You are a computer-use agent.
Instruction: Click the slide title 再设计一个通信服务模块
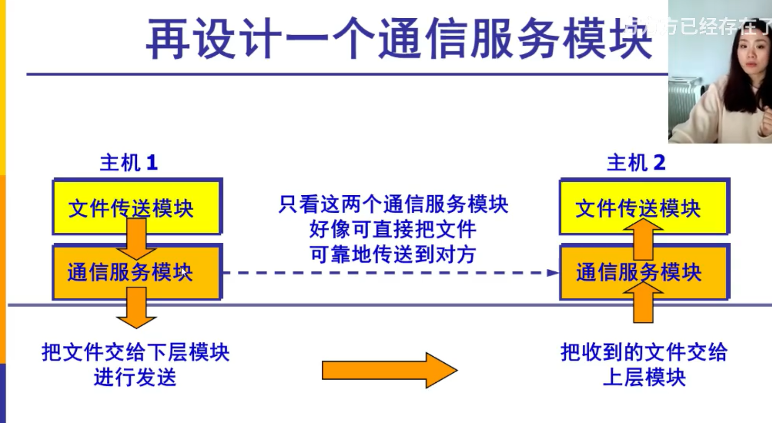pos(398,39)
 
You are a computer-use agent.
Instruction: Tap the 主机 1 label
pos(129,163)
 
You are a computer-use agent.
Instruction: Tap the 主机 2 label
pos(636,163)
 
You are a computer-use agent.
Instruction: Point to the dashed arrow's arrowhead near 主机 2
pos(553,273)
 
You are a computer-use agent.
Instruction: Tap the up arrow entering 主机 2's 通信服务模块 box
pos(643,301)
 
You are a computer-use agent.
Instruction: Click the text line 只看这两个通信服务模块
pos(393,204)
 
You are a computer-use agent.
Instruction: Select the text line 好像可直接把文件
pos(393,229)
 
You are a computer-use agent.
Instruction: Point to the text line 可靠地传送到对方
pos(393,254)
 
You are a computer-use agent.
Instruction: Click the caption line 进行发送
pos(135,377)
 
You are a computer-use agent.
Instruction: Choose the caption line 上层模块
pos(644,377)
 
